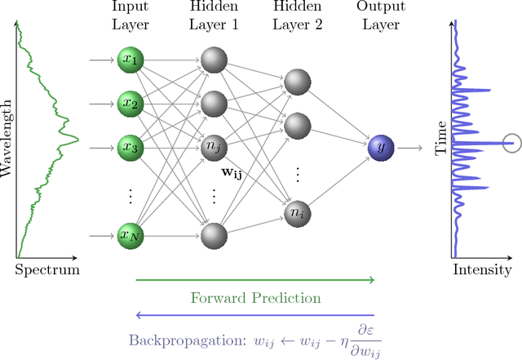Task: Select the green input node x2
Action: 130,104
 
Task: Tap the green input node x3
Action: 130,148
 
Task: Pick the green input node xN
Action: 130,236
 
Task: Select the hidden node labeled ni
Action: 294,212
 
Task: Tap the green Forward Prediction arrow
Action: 254,280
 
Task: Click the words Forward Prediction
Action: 255,298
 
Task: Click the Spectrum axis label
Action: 47,269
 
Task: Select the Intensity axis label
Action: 482,269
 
